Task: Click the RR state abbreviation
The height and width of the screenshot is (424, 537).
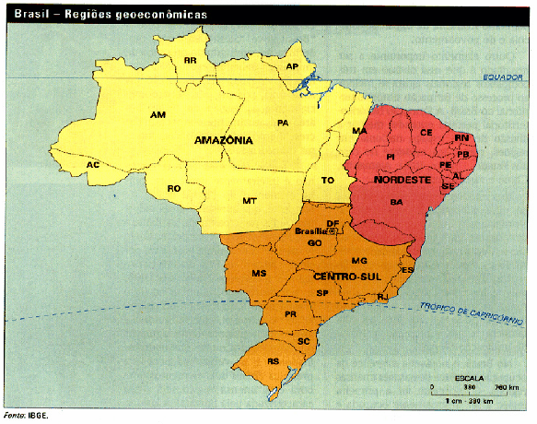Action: click(191, 60)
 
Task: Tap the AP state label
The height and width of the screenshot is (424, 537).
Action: click(292, 67)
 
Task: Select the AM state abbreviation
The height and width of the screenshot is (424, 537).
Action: click(158, 115)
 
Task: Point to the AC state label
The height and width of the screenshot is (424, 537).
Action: click(92, 165)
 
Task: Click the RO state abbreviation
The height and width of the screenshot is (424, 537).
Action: click(173, 188)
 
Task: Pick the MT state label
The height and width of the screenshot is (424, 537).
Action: click(250, 200)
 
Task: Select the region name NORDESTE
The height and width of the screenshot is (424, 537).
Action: click(403, 180)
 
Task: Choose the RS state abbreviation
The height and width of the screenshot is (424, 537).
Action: click(273, 362)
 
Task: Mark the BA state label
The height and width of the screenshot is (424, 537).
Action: click(396, 201)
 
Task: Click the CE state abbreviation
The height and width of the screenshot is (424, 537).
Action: click(426, 133)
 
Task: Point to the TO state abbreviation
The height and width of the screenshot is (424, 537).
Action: click(327, 180)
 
